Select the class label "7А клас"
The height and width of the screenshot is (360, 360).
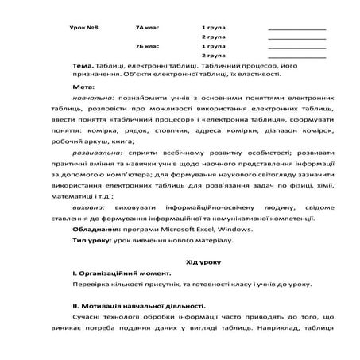click(x=148, y=27)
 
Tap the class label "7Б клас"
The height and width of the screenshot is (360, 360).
click(x=148, y=46)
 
